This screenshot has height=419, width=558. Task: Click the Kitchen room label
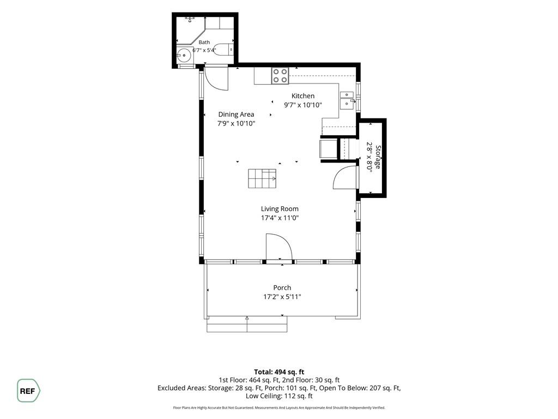point(303,96)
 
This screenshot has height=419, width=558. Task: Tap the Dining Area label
point(236,115)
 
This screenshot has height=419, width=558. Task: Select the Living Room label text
point(280,209)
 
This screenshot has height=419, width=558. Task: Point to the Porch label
point(282,288)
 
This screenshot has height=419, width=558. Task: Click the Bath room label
point(204,42)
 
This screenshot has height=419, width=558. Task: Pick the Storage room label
point(378,157)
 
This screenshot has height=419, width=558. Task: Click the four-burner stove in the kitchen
point(280,76)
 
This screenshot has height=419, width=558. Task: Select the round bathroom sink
point(184,55)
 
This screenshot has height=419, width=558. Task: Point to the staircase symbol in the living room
point(262,178)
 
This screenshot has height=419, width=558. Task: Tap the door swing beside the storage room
point(344,177)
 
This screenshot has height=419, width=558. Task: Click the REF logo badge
point(28,391)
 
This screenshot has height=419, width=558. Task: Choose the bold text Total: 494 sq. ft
point(279,372)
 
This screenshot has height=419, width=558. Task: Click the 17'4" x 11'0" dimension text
point(280,218)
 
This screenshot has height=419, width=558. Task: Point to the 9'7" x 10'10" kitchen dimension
point(303,105)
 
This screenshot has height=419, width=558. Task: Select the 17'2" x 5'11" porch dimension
point(282,296)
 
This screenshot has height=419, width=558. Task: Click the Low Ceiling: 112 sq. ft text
point(279,396)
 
